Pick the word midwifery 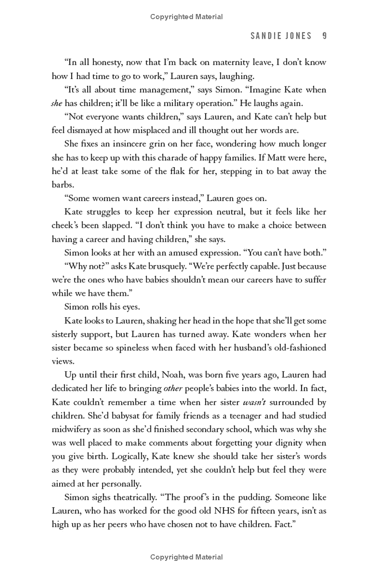tap(71, 429)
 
